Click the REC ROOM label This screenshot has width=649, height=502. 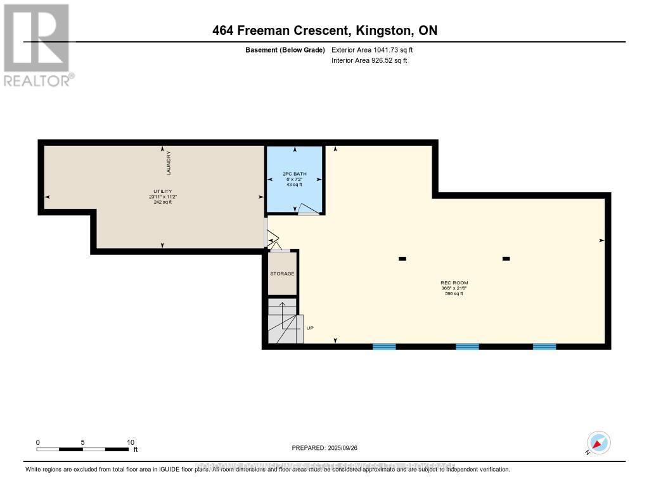pyautogui.click(x=454, y=282)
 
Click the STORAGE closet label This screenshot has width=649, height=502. pyautogui.click(x=282, y=274)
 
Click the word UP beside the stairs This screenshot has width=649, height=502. pyautogui.click(x=310, y=328)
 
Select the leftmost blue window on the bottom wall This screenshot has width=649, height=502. pyautogui.click(x=384, y=347)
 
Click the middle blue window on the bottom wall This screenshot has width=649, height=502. pyautogui.click(x=467, y=347)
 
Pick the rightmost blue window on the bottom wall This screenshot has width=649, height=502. pyautogui.click(x=544, y=347)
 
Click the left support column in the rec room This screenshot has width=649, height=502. pyautogui.click(x=402, y=258)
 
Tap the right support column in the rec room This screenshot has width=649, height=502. pyautogui.click(x=506, y=258)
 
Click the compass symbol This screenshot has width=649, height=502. pyautogui.click(x=598, y=442)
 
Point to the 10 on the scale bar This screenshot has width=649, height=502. pyautogui.click(x=130, y=442)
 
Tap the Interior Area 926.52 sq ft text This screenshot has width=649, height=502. pyautogui.click(x=369, y=60)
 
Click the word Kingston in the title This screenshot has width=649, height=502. pyautogui.click(x=376, y=30)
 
